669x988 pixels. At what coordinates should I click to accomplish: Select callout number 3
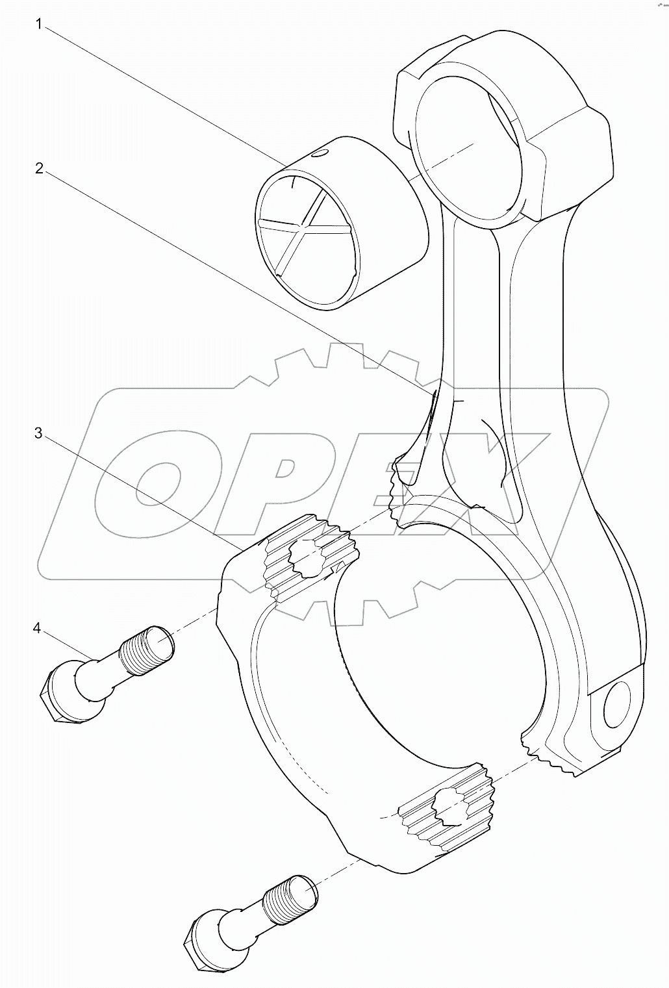pyautogui.click(x=38, y=433)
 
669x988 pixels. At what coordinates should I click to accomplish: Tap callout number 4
pyautogui.click(x=37, y=628)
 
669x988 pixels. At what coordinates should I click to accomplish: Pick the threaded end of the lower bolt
pyautogui.click(x=292, y=900)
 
